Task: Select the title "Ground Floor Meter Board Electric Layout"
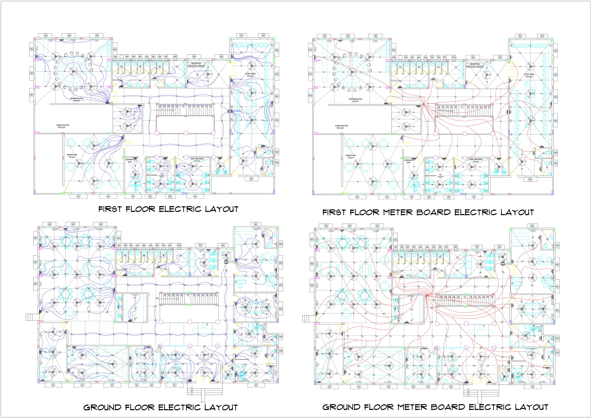coord(435,407)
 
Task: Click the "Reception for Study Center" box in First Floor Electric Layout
coord(196,65)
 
